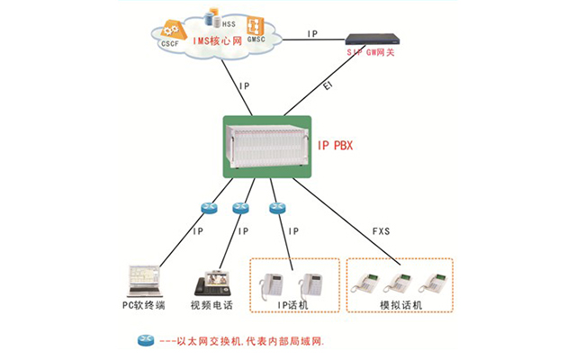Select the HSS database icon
[x=213, y=15]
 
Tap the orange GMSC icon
[x=256, y=25]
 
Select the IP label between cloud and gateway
[x=312, y=34]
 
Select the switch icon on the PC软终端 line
[x=205, y=209]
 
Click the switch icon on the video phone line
[x=240, y=209]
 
